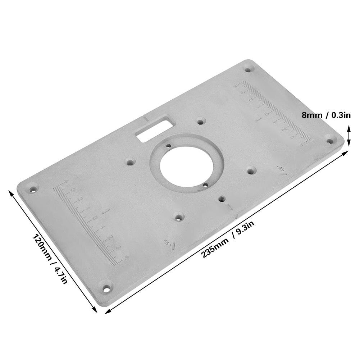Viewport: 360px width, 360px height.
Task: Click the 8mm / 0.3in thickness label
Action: point(326,115)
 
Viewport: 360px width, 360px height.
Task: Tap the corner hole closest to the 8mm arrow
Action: point(331,137)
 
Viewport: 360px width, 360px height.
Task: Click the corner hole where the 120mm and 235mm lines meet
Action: point(106,288)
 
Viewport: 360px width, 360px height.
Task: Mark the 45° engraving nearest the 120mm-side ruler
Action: point(169,243)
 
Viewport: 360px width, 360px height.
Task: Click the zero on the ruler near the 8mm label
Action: point(266,114)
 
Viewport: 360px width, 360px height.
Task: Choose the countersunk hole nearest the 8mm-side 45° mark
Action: point(251,170)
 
